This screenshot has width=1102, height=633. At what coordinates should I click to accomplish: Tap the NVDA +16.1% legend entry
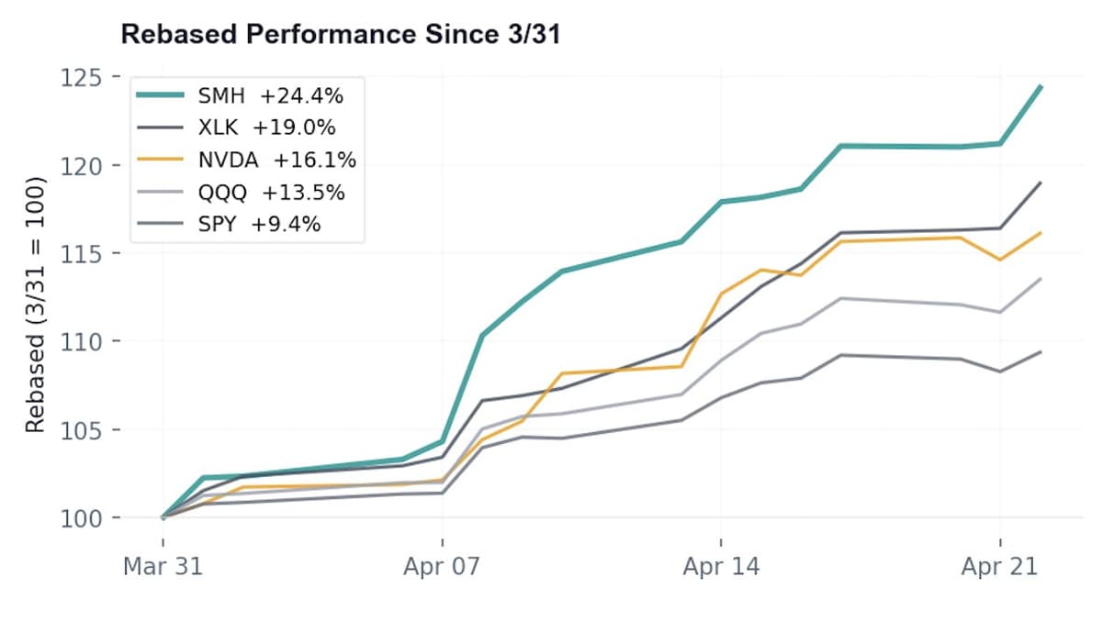click(x=276, y=160)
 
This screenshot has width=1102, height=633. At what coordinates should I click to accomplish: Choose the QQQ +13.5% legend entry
click(x=271, y=193)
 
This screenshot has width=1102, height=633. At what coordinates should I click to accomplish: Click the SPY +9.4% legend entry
click(x=258, y=224)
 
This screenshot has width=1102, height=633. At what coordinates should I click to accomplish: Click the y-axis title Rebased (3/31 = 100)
click(x=36, y=298)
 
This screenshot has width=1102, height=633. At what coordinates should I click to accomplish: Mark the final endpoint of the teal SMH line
click(x=1040, y=86)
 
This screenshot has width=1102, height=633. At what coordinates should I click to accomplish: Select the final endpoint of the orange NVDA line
click(x=1040, y=233)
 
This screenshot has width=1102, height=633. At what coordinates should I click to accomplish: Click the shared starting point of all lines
click(x=163, y=517)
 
